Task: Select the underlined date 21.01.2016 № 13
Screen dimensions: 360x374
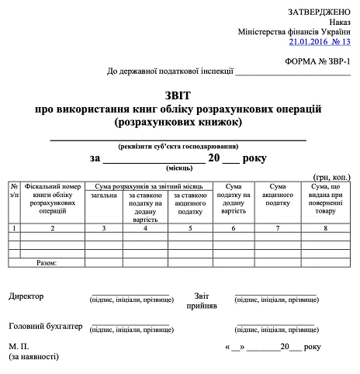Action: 320,42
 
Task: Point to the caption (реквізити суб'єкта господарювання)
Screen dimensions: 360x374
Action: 178,146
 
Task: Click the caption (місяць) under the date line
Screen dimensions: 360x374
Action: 178,168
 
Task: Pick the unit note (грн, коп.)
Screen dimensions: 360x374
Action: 332,178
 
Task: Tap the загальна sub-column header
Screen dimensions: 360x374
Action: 103,196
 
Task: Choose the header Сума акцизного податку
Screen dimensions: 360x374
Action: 278,195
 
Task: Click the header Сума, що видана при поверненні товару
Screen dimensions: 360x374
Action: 327,199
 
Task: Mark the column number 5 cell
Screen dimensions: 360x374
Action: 189,228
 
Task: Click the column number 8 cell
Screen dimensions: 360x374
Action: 327,228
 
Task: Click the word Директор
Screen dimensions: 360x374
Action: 26,296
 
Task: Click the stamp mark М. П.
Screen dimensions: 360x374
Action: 19,346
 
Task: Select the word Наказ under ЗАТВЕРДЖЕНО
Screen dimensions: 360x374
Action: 339,23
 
